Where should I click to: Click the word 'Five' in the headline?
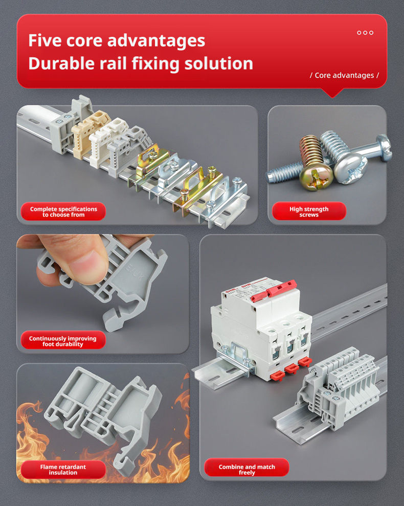(44, 40)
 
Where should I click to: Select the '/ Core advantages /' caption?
(344, 75)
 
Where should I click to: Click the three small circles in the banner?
(365, 33)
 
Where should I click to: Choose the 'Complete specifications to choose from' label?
(63, 212)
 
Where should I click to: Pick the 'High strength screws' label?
(309, 212)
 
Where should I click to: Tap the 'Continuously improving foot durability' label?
(63, 341)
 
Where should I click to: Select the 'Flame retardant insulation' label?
(63, 470)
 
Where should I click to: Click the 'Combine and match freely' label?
(247, 470)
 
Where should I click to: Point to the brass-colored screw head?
(316, 176)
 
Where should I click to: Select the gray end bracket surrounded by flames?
(104, 416)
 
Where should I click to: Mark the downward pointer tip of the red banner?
(332, 97)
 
